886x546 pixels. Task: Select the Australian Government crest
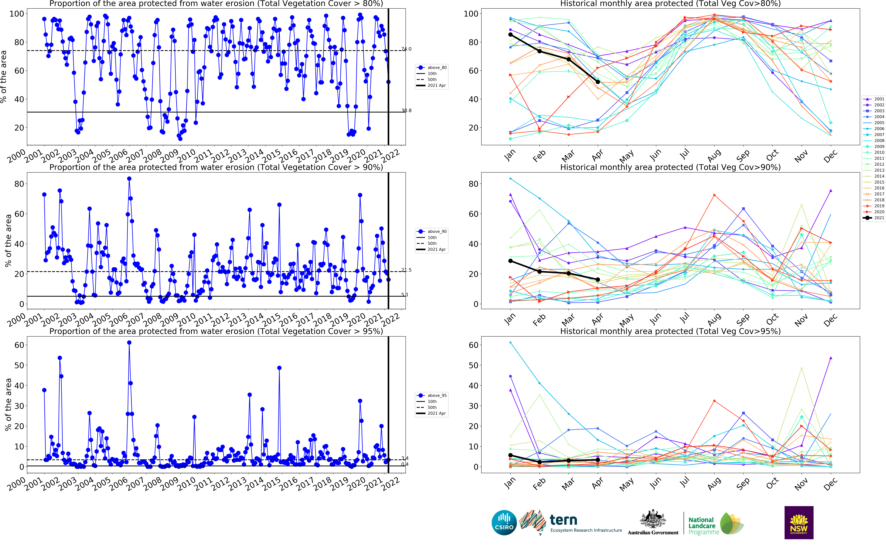[x=653, y=520]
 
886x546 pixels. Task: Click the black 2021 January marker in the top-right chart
[x=510, y=35]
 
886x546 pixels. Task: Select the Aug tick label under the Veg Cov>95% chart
[x=714, y=484]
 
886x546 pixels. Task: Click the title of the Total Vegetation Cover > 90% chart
[x=216, y=167]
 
